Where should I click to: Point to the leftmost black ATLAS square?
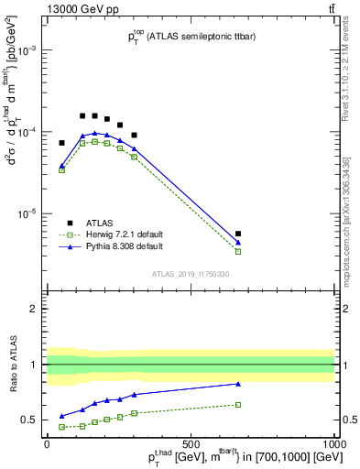(x=62, y=143)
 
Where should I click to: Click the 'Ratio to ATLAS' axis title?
(x=12, y=364)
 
